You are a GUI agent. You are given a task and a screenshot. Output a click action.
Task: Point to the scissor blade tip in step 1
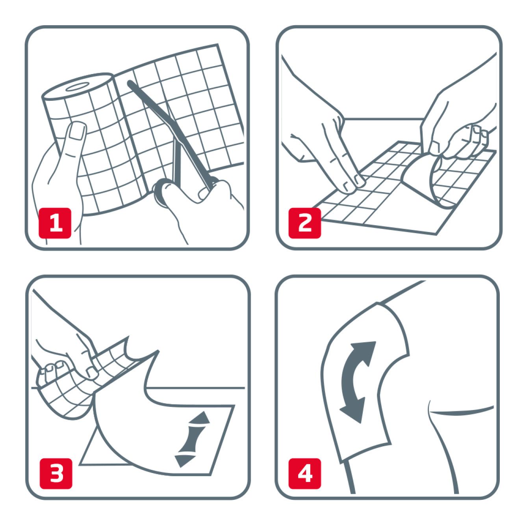pos(130,83)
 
